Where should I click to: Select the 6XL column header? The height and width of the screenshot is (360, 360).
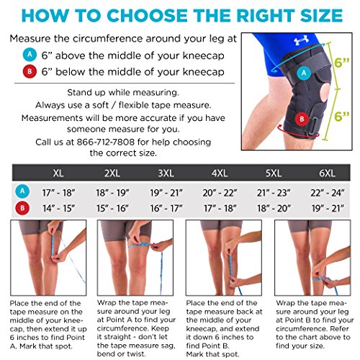click(x=328, y=173)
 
